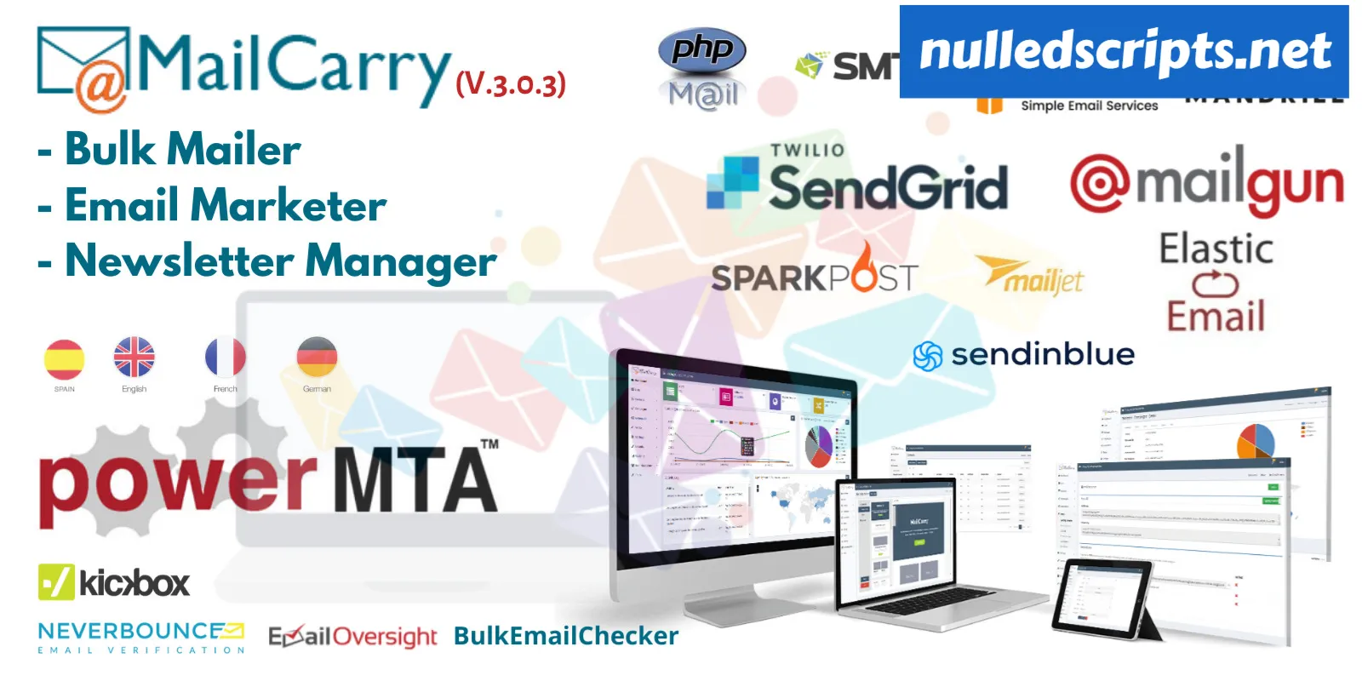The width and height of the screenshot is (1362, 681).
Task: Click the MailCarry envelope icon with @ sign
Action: coord(83,68)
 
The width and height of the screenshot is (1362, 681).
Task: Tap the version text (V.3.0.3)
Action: coord(511,83)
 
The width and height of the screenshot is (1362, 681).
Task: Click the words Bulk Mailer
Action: coord(182,150)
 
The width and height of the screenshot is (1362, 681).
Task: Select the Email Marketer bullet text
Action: coord(226,206)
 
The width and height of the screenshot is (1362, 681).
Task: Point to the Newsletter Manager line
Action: coord(280,261)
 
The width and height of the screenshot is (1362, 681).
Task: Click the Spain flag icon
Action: coord(65,359)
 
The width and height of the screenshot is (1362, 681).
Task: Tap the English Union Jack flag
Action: coord(134,358)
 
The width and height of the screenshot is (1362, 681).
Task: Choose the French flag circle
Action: coord(225,358)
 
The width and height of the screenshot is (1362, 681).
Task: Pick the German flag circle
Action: coord(317,358)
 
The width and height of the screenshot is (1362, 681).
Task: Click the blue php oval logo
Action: coord(702,49)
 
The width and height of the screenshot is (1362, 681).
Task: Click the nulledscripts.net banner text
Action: coord(1125,51)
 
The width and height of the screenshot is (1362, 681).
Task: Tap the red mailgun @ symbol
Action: coord(1100,183)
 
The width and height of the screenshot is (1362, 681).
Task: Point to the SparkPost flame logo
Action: coord(864,268)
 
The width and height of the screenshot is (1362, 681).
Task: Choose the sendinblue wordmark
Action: coord(1042,354)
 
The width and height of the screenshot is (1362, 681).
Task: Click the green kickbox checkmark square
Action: coord(56,582)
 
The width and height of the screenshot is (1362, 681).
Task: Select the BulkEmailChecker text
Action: coord(566,636)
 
